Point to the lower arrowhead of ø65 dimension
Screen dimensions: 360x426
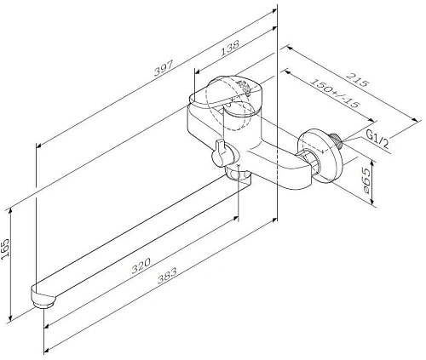(371, 204)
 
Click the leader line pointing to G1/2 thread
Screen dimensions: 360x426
(354, 140)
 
